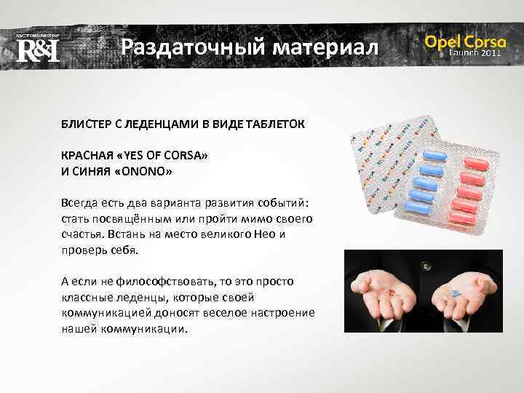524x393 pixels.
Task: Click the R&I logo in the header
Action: click(37, 50)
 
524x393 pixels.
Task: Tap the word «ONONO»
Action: click(151, 172)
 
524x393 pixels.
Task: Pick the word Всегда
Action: click(79, 204)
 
